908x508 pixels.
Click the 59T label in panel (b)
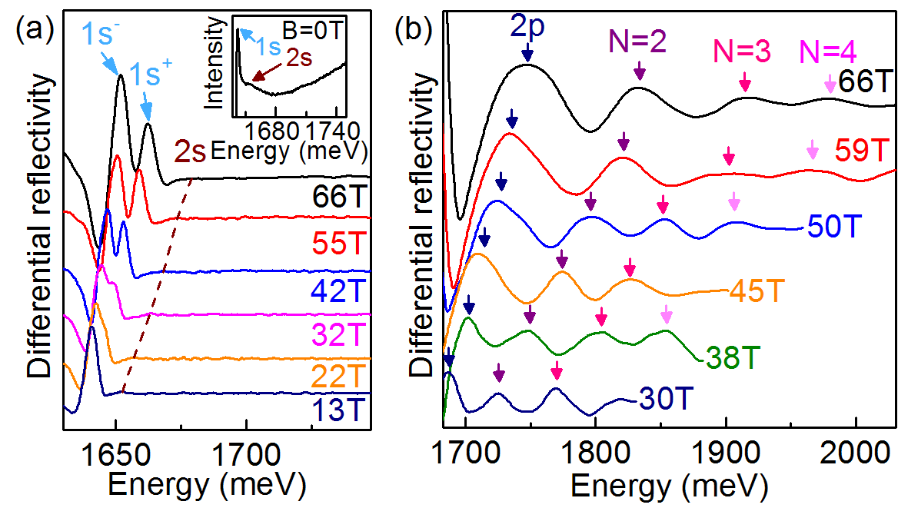pos(860,151)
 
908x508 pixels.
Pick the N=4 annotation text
pos(828,51)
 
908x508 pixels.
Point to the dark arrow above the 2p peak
pos(527,52)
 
